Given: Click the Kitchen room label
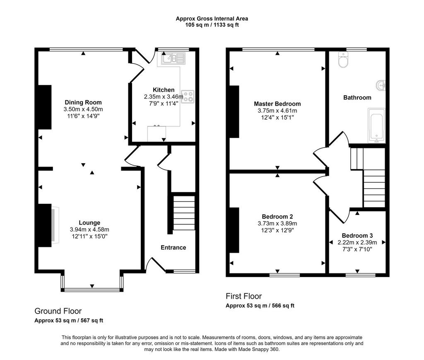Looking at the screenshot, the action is click(164, 90).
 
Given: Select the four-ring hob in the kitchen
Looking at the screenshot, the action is click(188, 97).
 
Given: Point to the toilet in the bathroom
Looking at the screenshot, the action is click(343, 60).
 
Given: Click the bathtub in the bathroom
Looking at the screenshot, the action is click(376, 125).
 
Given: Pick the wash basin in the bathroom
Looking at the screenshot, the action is click(381, 85).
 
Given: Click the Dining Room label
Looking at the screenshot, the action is click(83, 102).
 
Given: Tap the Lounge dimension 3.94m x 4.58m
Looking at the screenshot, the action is click(89, 230).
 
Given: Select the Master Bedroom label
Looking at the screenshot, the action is click(277, 104).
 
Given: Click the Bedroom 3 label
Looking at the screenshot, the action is click(357, 236).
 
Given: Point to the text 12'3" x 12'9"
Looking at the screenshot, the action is click(277, 230).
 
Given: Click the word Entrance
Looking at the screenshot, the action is click(173, 247).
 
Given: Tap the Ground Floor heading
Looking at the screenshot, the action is click(58, 311).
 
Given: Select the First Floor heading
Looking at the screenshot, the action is click(243, 296).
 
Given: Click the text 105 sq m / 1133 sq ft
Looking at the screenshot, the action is click(212, 25).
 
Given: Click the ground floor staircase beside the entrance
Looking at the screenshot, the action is click(184, 213).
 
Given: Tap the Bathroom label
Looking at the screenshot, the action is click(357, 98).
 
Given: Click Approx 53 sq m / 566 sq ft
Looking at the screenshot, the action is click(260, 306).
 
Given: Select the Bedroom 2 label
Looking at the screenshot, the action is click(277, 217).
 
